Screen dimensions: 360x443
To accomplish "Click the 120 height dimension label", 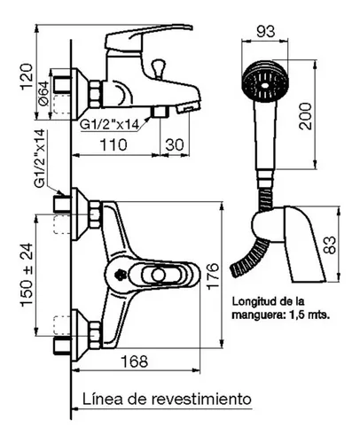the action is (27, 77).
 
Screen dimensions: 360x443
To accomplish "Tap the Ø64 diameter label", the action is (43, 93).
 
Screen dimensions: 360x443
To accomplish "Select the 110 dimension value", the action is (113, 145).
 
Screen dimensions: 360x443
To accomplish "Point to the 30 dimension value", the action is (175, 145).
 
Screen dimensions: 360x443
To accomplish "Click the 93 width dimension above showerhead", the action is (266, 32).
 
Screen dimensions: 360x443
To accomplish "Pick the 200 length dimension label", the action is (306, 116).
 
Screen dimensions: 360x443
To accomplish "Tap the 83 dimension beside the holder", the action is (331, 245).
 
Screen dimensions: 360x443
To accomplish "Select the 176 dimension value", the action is (213, 276).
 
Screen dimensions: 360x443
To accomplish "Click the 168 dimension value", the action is (135, 361).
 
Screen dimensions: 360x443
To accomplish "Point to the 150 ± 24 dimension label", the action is (27, 275).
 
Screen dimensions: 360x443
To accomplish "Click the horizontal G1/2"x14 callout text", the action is (110, 125).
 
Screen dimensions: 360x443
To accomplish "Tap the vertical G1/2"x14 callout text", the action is (40, 159).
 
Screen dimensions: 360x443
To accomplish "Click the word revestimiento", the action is (201, 399).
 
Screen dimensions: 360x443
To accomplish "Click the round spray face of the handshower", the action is (265, 82).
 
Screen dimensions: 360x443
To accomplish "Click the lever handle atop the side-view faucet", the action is (149, 37).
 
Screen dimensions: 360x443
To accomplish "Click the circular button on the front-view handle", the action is (158, 275).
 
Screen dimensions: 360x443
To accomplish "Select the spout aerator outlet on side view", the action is (188, 107).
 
